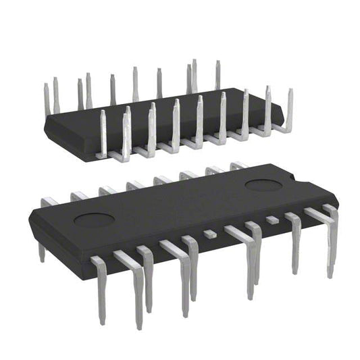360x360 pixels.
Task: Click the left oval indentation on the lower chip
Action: coord(94,219)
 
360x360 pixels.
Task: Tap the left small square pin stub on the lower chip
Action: coord(210,234)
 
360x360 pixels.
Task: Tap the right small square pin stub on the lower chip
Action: coord(272,220)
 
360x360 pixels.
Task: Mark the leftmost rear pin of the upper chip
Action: coord(47,98)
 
